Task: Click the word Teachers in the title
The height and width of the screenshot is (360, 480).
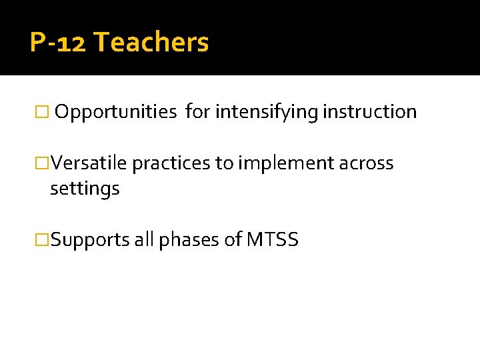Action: click(x=151, y=43)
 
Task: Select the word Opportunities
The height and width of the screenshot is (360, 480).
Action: click(x=115, y=112)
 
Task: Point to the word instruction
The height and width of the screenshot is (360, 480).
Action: click(x=370, y=112)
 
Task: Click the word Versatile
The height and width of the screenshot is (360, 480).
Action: click(x=90, y=163)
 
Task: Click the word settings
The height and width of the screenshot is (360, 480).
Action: click(x=85, y=189)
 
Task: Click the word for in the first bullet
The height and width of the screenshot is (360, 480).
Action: click(x=197, y=112)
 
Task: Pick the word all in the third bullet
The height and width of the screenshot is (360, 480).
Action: click(x=144, y=240)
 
